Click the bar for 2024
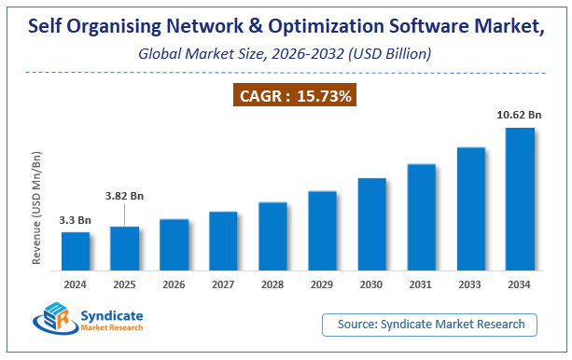pyautogui.click(x=76, y=251)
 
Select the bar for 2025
pyautogui.click(x=125, y=248)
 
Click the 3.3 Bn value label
pyautogui.click(x=76, y=220)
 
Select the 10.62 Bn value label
pyautogui.click(x=519, y=116)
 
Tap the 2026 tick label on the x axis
pyautogui.click(x=174, y=284)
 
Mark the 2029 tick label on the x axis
pyautogui.click(x=323, y=284)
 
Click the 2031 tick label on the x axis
pyautogui.click(x=422, y=284)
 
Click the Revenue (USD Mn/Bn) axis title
pyautogui.click(x=37, y=207)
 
